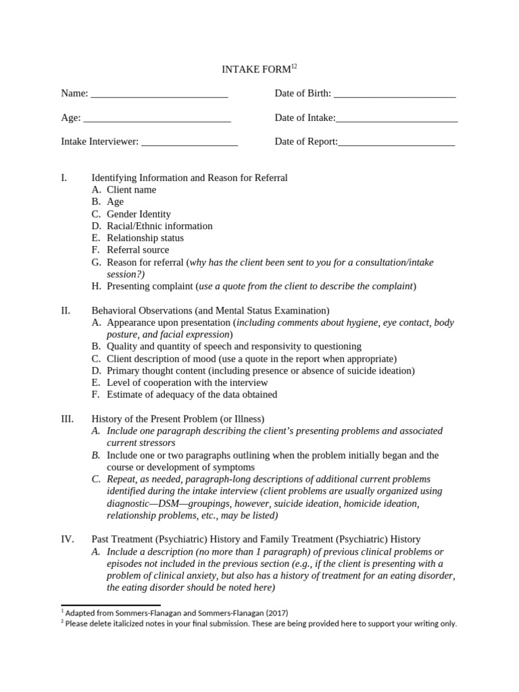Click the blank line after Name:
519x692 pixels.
159,94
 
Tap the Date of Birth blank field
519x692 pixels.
395,94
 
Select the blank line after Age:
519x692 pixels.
157,118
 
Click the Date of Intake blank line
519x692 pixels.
397,118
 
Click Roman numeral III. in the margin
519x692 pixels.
67,419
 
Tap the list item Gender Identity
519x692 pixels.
139,214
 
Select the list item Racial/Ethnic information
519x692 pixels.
159,226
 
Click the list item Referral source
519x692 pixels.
138,250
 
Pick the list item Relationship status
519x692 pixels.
145,238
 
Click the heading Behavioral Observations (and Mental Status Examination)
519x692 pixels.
210,311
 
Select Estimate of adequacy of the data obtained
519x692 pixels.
192,395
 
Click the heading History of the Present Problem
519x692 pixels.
178,419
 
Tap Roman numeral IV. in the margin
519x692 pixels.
67,539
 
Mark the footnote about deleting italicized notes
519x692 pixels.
261,624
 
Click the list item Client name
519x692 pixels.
131,190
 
